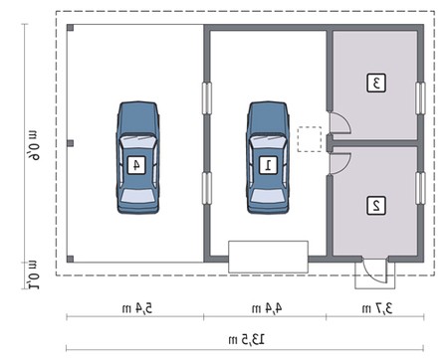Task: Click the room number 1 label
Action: pyautogui.click(x=268, y=165)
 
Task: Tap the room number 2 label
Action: pyautogui.click(x=376, y=206)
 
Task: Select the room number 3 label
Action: pyautogui.click(x=376, y=83)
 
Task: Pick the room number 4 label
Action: pyautogui.click(x=136, y=165)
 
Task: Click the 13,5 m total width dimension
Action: pyautogui.click(x=247, y=339)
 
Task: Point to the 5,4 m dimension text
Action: pyautogui.click(x=137, y=308)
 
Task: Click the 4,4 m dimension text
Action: pyautogui.click(x=267, y=308)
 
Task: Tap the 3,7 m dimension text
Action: pyautogui.click(x=377, y=308)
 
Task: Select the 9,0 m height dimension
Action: pyautogui.click(x=34, y=145)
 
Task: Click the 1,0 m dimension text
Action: pyautogui.click(x=33, y=274)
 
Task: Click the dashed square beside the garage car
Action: pyautogui.click(x=310, y=139)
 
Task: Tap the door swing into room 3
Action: pyautogui.click(x=338, y=123)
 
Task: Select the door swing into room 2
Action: pyautogui.click(x=338, y=163)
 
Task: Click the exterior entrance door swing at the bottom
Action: pyautogui.click(x=374, y=270)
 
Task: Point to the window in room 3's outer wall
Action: pyautogui.click(x=420, y=98)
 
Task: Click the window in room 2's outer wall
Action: pyautogui.click(x=420, y=188)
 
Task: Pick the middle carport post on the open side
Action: pyautogui.click(x=70, y=143)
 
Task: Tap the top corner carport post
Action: pyautogui.click(x=70, y=28)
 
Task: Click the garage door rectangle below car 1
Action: pyautogui.click(x=268, y=257)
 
